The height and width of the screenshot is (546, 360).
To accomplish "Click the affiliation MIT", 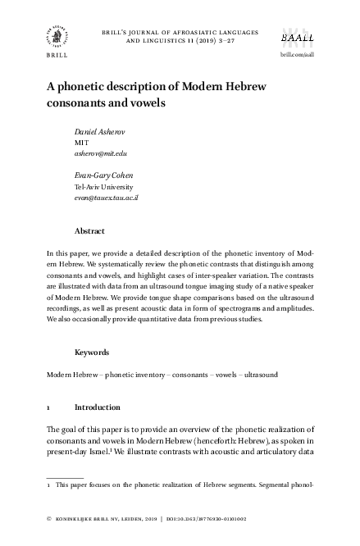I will (82, 142).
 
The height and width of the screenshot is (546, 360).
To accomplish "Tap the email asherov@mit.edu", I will (101, 152).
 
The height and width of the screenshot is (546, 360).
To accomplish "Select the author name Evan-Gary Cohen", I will (103, 175).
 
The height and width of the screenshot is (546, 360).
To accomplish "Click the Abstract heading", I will (89, 231).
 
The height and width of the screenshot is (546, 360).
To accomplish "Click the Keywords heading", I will (92, 352).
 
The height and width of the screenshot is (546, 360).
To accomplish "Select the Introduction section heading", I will (98, 407).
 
